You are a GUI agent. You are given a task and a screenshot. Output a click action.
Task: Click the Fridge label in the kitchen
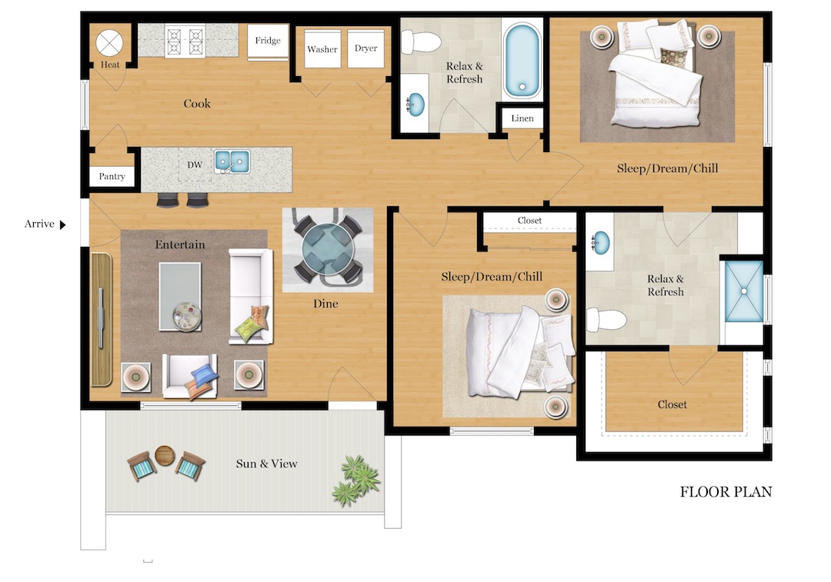point(268,41)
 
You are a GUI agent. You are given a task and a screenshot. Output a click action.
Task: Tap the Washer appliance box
point(322,49)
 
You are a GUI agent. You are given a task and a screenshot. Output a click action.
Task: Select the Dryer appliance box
point(366,48)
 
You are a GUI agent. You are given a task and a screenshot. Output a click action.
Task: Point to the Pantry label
point(112,177)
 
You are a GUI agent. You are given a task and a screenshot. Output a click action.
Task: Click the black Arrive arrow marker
point(63,224)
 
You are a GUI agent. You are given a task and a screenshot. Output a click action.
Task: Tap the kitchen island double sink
point(232,161)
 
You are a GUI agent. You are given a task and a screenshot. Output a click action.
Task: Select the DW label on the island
point(194,165)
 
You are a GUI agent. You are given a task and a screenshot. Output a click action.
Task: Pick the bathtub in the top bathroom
point(524,61)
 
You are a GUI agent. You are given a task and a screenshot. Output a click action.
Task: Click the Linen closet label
point(522,118)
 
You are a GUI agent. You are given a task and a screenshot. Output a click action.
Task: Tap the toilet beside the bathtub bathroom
point(419,40)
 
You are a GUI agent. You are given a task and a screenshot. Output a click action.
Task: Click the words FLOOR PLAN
point(726,492)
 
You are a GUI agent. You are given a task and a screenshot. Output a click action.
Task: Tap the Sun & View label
point(266,464)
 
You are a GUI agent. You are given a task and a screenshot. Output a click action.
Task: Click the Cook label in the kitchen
point(197,104)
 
